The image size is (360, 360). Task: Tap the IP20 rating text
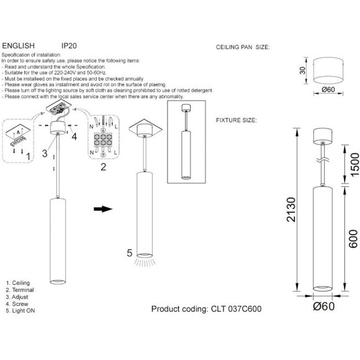tap(69, 46)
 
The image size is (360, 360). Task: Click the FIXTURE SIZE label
tap(236, 119)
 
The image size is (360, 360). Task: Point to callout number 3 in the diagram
tap(45, 151)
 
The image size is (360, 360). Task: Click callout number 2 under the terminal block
tap(103, 166)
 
